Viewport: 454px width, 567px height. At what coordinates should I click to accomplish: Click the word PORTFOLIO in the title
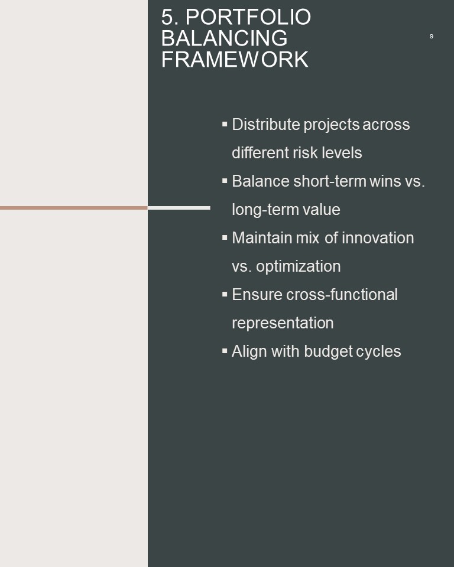[x=248, y=17]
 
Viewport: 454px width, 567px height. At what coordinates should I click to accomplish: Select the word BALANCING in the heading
[x=225, y=38]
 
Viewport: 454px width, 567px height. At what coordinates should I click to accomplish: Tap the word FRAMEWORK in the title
[x=235, y=60]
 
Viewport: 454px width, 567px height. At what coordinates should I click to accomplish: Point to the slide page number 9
[x=431, y=36]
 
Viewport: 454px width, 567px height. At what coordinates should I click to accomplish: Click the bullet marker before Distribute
[x=225, y=124]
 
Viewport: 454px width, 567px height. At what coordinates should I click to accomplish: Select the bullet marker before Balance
[x=225, y=181]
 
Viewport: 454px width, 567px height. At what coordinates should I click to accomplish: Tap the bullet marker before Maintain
[x=225, y=237]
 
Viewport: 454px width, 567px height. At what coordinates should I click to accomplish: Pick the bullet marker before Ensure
[x=225, y=294]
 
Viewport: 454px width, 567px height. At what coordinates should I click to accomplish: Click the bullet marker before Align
[x=225, y=351]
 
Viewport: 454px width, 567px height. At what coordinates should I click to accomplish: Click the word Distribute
[x=266, y=125]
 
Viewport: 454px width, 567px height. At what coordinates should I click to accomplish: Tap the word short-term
[x=330, y=181]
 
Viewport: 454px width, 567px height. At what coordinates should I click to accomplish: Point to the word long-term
[x=265, y=210]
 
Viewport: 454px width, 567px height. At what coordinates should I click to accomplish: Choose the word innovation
[x=378, y=238]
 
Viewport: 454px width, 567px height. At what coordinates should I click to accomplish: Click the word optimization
[x=299, y=266]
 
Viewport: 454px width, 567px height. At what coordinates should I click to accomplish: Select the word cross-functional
[x=342, y=294]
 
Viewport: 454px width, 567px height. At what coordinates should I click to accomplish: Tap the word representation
[x=283, y=323]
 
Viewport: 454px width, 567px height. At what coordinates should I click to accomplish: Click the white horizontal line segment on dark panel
[x=179, y=208]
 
